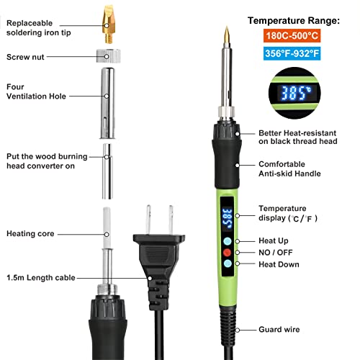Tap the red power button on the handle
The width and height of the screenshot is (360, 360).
coord(228,253)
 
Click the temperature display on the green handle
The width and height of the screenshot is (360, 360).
coord(227,215)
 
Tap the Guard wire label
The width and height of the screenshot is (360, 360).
coord(279,330)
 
